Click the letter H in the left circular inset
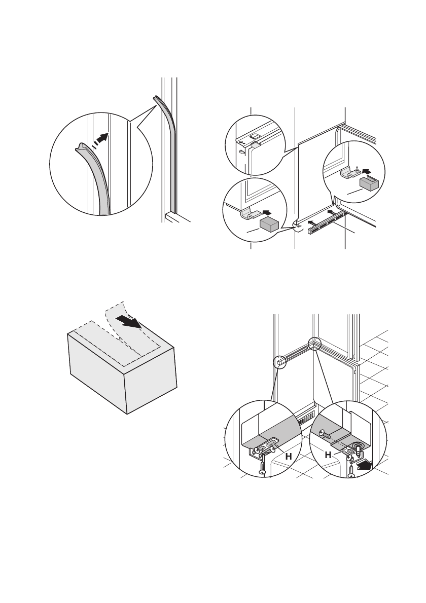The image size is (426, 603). coord(288,457)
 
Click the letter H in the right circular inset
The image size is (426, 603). coord(328,455)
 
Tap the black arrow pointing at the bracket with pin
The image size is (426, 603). coord(368,170)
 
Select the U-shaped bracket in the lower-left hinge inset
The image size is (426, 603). coord(247,213)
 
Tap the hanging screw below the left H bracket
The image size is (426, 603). coord(263,467)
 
